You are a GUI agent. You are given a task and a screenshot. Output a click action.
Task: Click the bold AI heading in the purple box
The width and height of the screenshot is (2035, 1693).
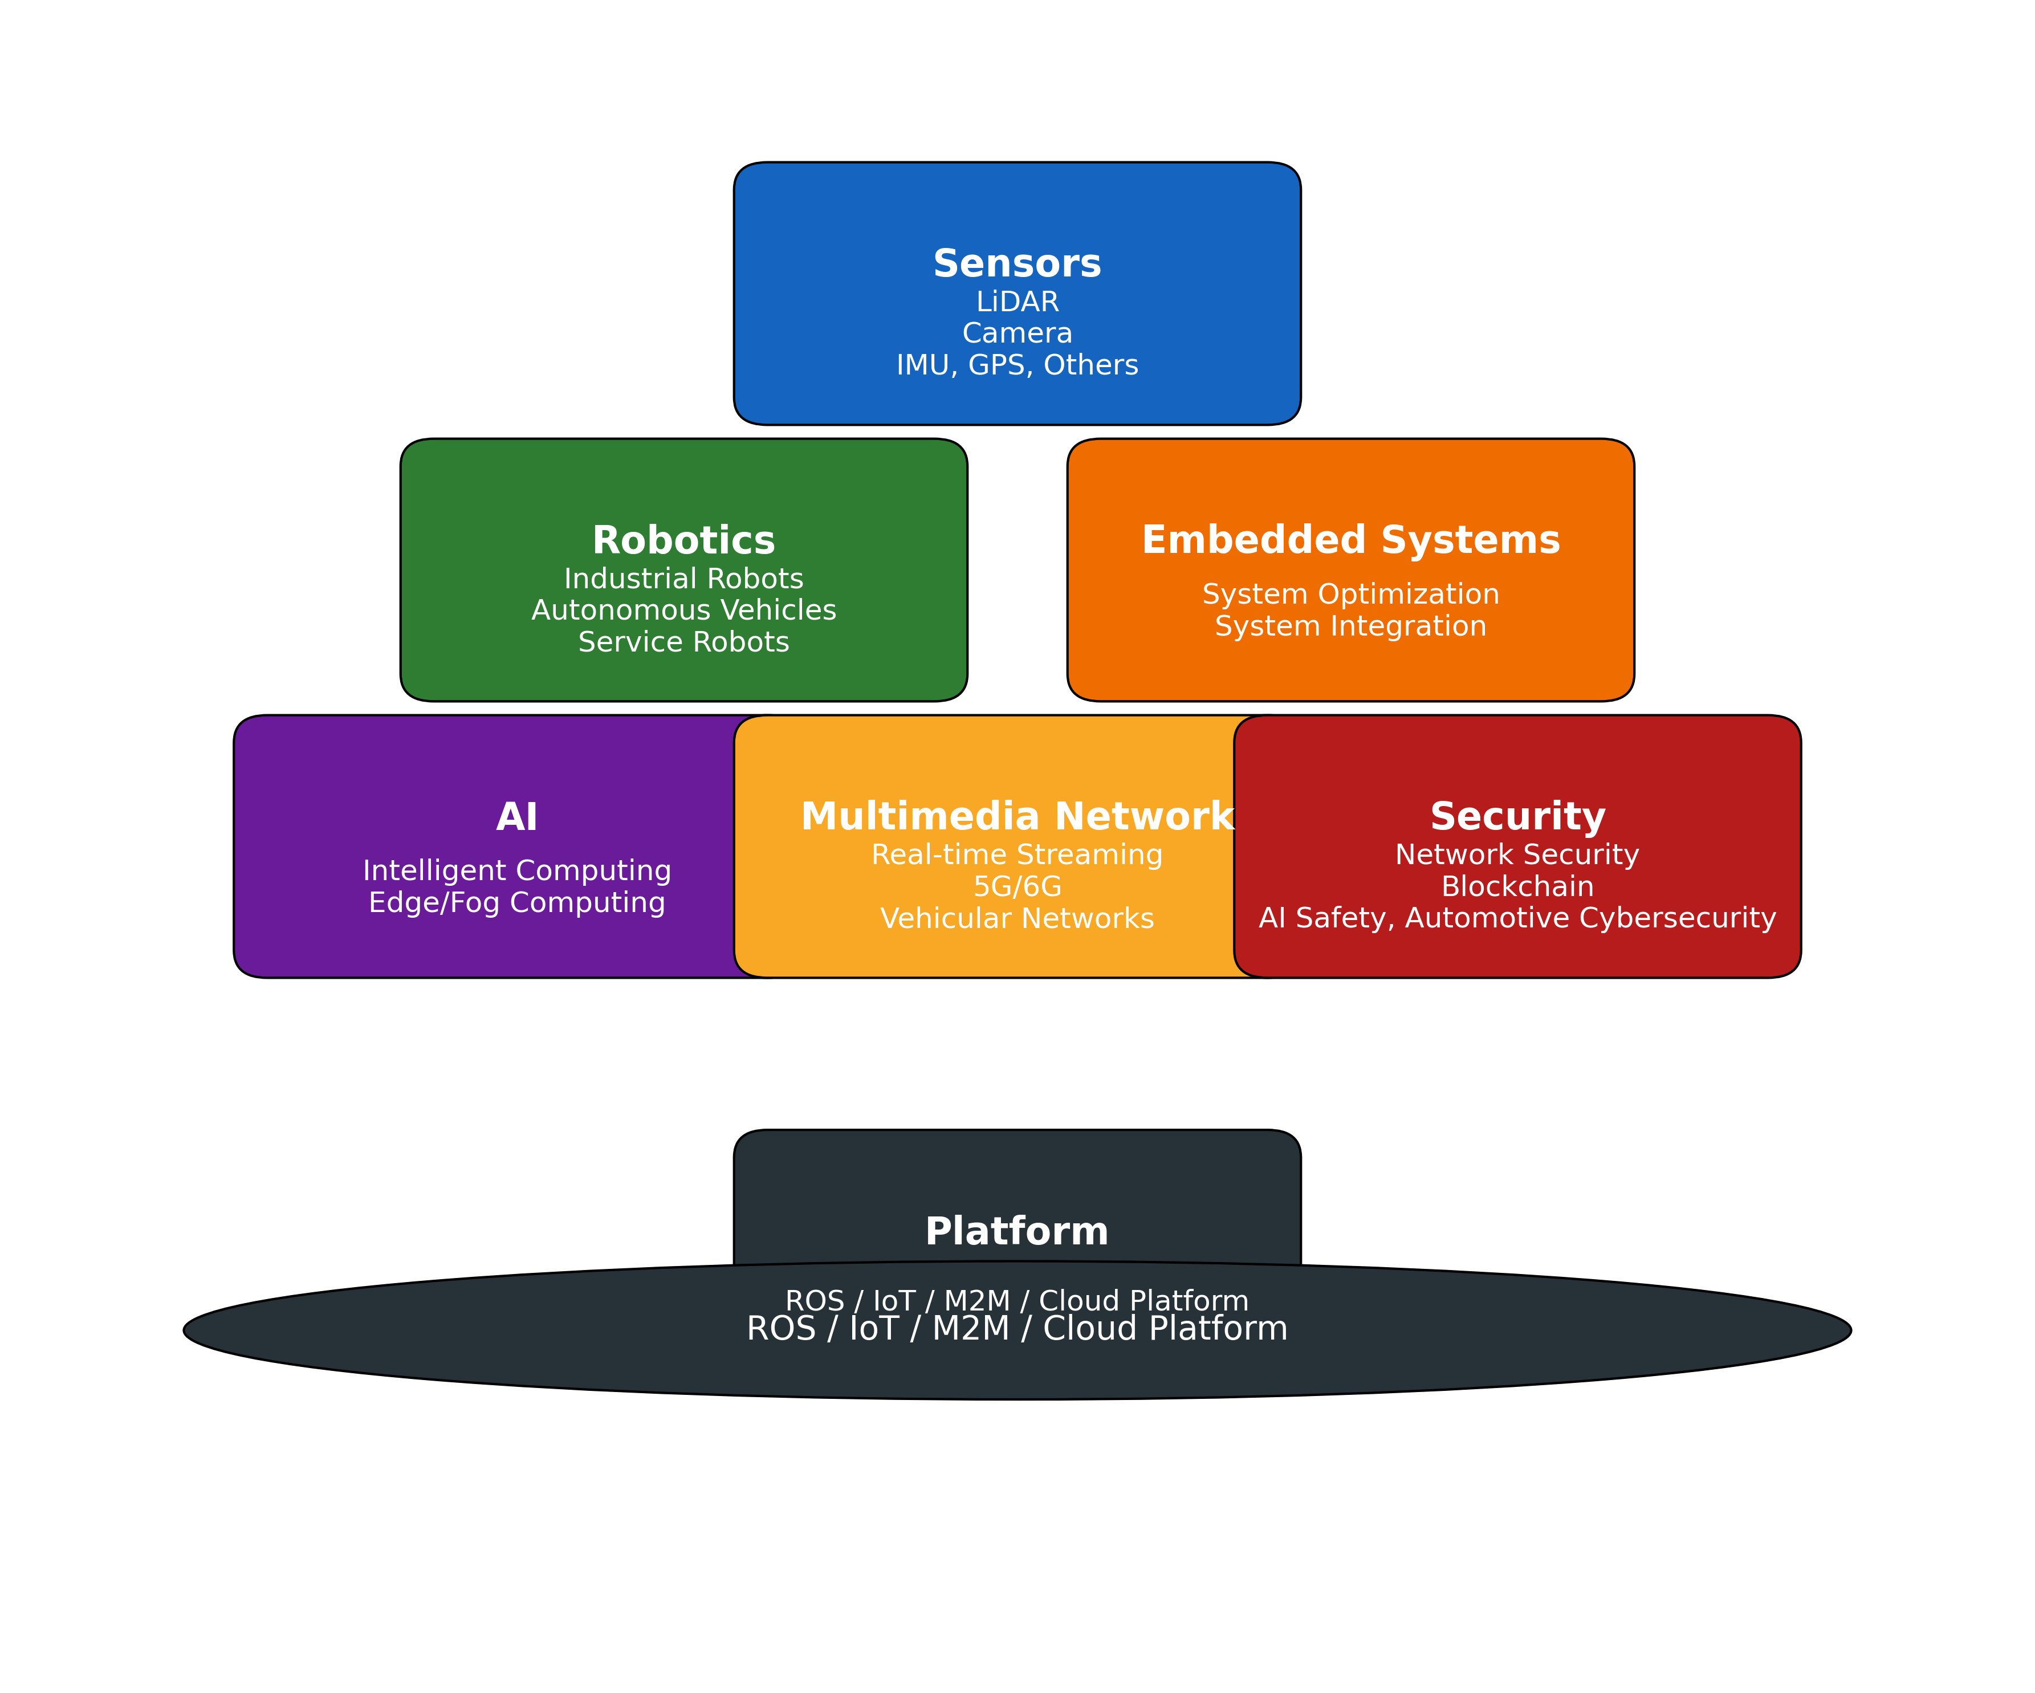516,817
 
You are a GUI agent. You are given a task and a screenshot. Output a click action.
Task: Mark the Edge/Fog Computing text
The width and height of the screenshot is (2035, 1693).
516,902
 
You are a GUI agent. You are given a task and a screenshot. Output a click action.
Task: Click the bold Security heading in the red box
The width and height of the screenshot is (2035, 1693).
1517,817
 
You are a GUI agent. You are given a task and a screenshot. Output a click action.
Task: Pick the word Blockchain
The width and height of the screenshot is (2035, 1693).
1517,887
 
